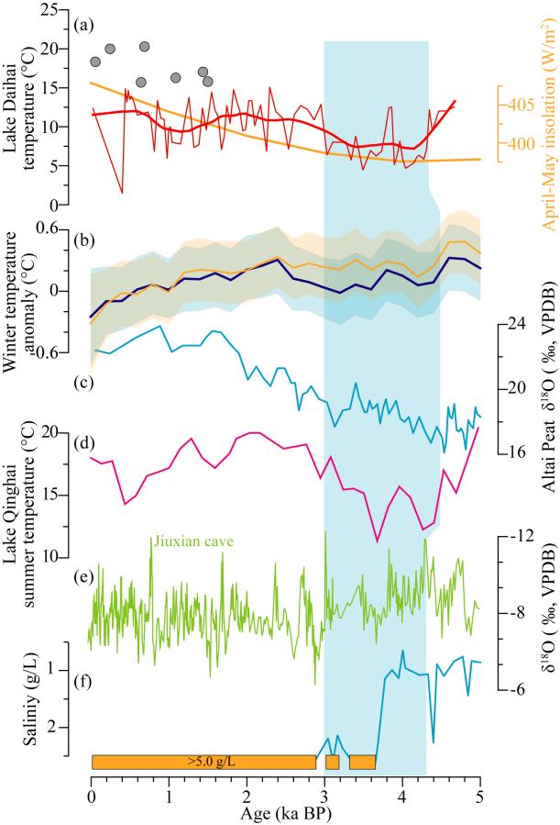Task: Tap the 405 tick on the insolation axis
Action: click(518, 105)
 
